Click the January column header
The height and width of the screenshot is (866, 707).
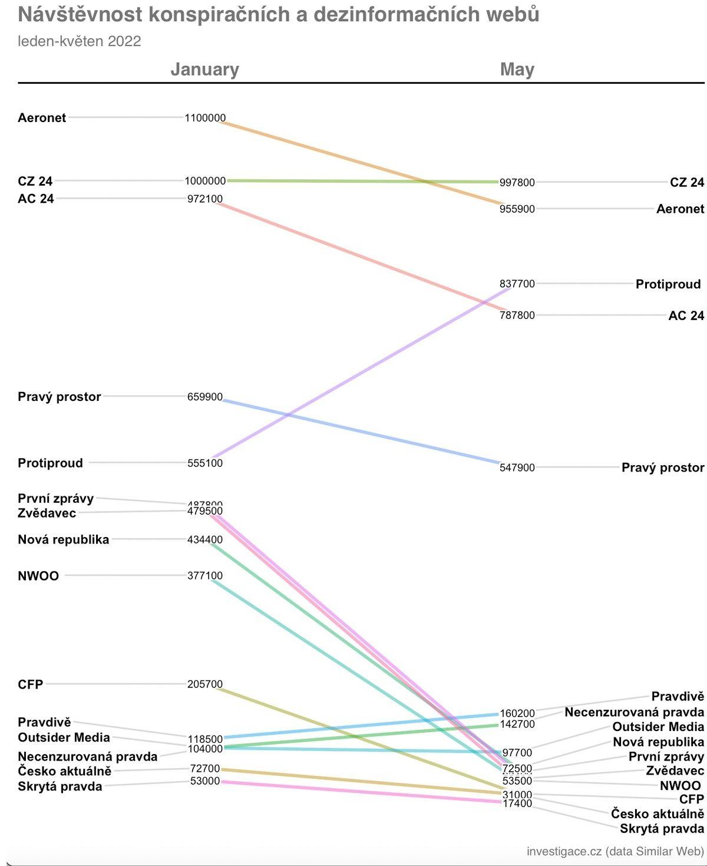tap(204, 70)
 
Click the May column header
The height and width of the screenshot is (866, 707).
tap(517, 70)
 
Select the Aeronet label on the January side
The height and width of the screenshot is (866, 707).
tap(42, 117)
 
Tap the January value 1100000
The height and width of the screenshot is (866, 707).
tap(205, 118)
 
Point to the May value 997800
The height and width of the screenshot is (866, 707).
tap(517, 183)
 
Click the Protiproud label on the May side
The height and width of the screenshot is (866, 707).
tap(668, 284)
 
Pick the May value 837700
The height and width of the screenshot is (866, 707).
tap(517, 284)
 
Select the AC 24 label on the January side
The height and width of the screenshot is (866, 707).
tap(36, 199)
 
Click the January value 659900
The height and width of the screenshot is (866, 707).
tap(205, 397)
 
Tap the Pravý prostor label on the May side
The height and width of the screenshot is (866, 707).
tap(663, 467)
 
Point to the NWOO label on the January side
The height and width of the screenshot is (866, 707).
tap(38, 576)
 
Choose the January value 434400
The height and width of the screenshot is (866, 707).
tap(205, 539)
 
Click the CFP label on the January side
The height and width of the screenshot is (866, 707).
tap(31, 684)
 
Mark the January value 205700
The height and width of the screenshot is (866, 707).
tap(205, 684)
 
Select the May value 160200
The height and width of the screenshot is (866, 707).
tap(517, 713)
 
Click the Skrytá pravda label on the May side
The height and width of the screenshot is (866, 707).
tap(662, 829)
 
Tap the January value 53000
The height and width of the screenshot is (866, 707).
tap(205, 781)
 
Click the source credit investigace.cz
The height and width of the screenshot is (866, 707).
tap(564, 851)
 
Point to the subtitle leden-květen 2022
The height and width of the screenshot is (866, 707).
tap(80, 41)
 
